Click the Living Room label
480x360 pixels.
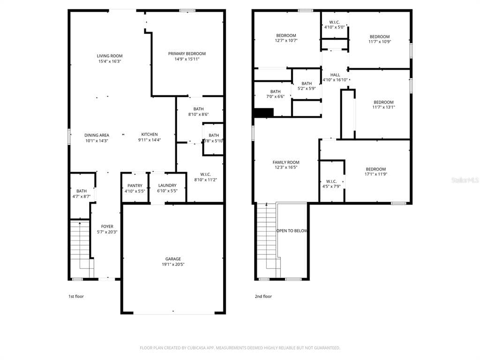point(110,56)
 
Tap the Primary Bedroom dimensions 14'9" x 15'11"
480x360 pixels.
point(187,59)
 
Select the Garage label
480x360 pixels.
point(172,259)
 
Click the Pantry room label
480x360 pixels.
point(135,186)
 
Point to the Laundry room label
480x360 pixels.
point(167,186)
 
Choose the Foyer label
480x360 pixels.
point(107,226)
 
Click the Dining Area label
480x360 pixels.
point(97,135)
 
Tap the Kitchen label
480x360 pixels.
point(150,135)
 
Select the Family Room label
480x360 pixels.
point(286,162)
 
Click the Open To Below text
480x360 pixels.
point(292,231)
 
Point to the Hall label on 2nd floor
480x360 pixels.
point(335,75)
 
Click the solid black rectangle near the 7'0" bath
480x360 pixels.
point(263,113)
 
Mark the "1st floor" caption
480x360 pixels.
point(76,296)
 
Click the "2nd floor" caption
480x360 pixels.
point(263,296)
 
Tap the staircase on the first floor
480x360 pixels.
point(80,246)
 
